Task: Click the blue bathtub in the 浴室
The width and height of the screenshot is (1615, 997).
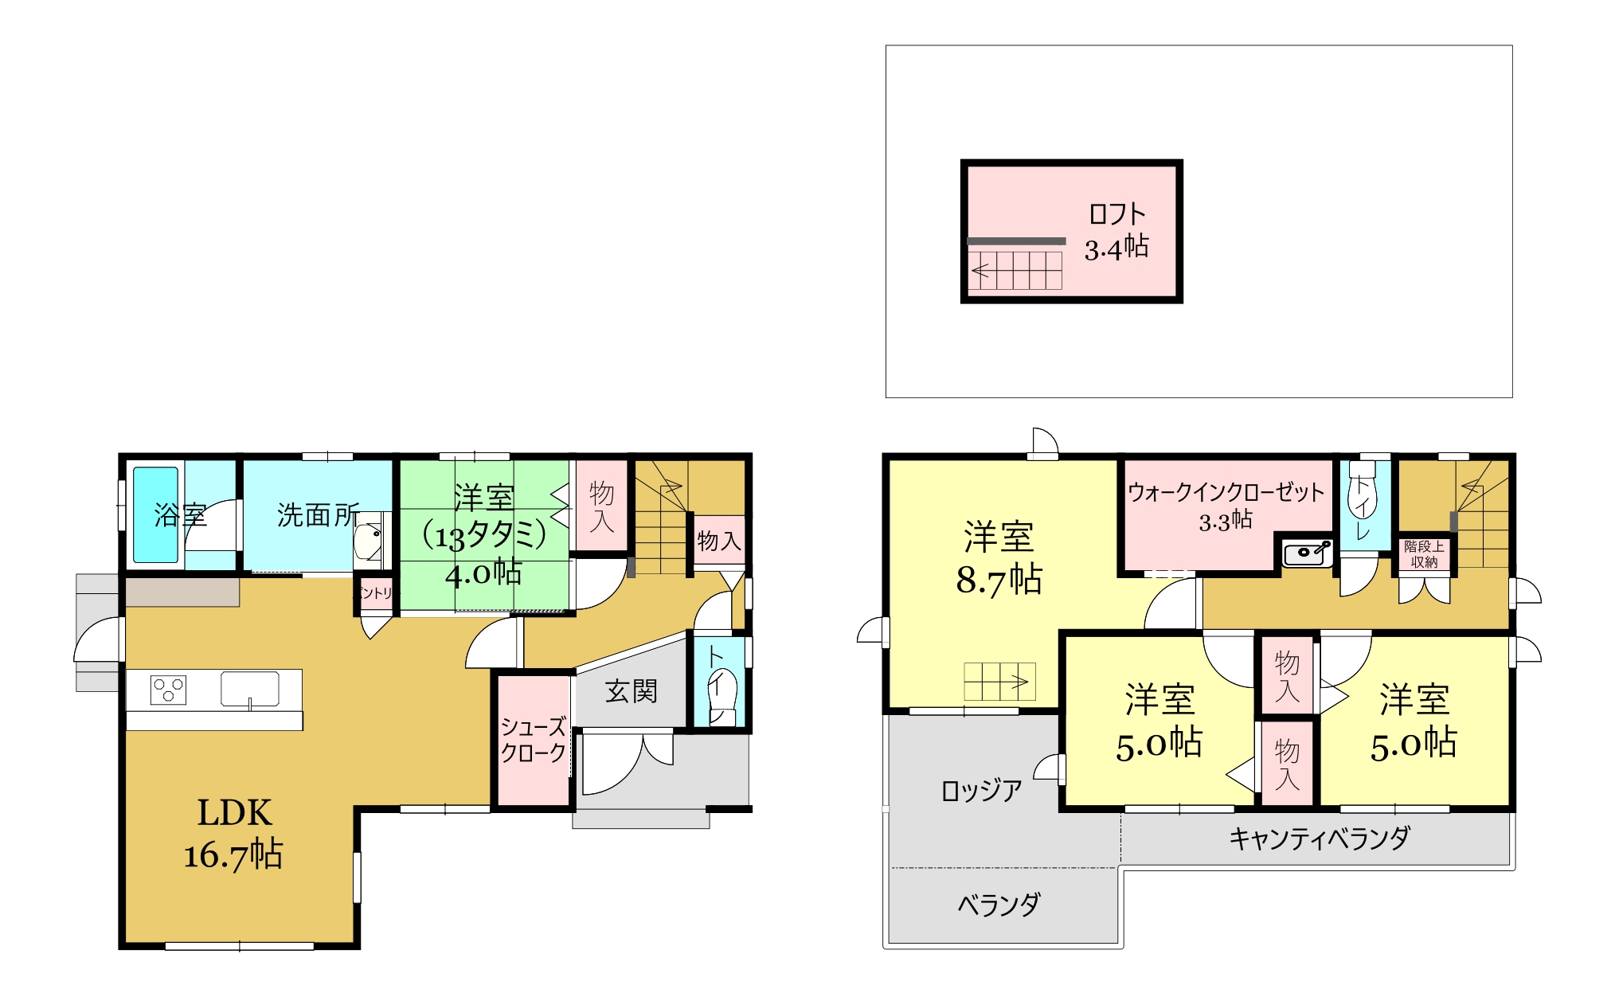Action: tap(155, 514)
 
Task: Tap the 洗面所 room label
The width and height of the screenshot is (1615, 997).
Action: tap(319, 515)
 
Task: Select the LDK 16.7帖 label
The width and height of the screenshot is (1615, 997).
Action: tap(234, 833)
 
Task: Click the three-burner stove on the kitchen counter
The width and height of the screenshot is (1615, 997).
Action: tap(169, 690)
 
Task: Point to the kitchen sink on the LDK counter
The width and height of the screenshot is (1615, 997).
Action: tap(250, 690)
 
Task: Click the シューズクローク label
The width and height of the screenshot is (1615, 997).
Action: tap(533, 740)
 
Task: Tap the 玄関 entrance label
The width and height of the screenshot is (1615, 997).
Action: tap(632, 691)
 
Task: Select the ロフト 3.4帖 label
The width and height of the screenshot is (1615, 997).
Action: tap(1117, 231)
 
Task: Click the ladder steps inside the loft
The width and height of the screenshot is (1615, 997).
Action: tap(1015, 271)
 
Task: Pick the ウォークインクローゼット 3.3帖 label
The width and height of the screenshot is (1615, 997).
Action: tap(1226, 506)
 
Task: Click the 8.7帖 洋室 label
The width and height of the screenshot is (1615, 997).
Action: tap(999, 558)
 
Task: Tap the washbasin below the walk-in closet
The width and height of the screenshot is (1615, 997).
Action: tap(1308, 553)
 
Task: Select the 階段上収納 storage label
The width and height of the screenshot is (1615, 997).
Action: tap(1424, 554)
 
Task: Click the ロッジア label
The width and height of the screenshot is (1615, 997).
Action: tap(982, 791)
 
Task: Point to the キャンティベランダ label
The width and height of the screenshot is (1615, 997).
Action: tap(1320, 838)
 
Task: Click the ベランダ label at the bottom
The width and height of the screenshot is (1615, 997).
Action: tap(999, 905)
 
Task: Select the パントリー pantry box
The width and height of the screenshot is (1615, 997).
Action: tap(374, 593)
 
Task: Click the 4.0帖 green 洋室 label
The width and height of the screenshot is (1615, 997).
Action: tap(484, 535)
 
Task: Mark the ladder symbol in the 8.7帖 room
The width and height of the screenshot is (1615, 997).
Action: tap(999, 682)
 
